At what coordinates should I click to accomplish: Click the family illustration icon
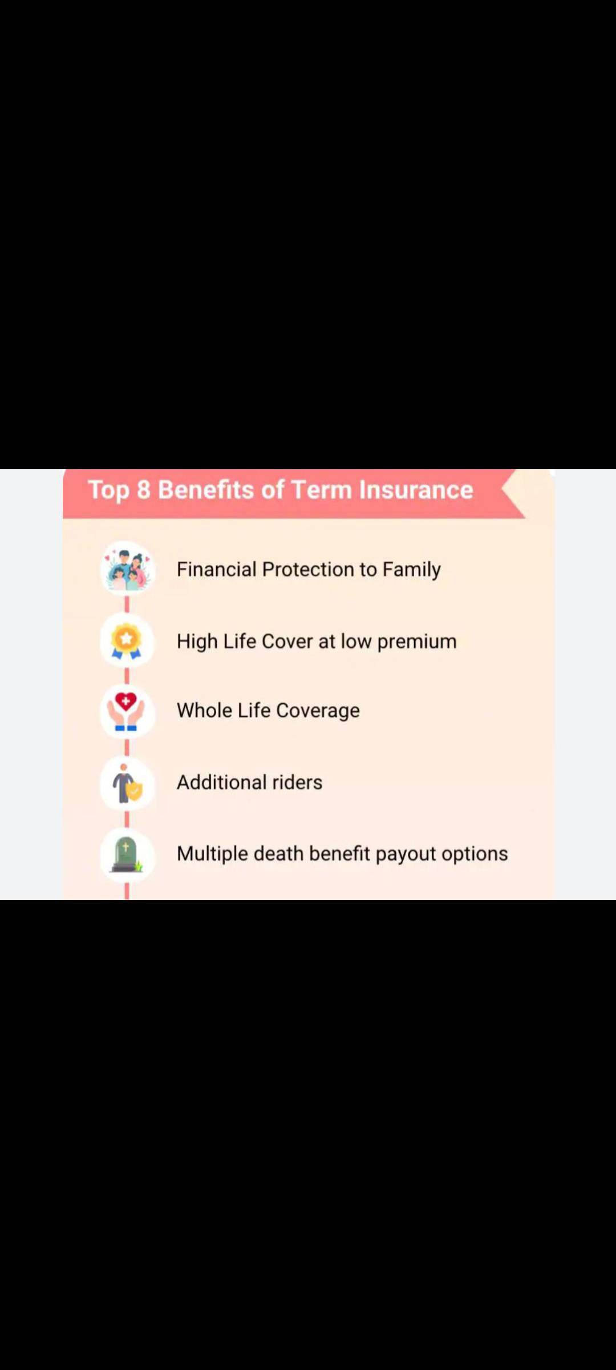tap(127, 569)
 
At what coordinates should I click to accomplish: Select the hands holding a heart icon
tap(126, 711)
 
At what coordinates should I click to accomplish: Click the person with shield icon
tap(127, 783)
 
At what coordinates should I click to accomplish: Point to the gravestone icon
tap(127, 855)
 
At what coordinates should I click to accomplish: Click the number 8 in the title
tap(143, 490)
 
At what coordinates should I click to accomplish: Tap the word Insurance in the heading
tap(416, 490)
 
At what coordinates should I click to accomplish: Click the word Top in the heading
tap(108, 491)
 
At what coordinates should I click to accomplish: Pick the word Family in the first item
tap(411, 570)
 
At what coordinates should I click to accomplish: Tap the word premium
tap(417, 642)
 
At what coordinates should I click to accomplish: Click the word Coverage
tap(318, 711)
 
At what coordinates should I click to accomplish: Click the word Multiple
tap(212, 854)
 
